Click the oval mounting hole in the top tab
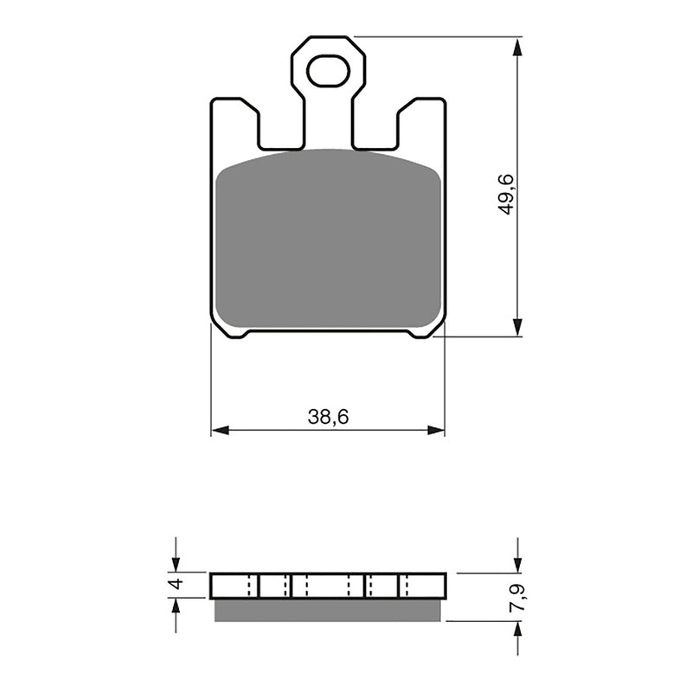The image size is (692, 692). (327, 71)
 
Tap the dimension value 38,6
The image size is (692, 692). (328, 417)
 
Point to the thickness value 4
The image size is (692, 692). (176, 585)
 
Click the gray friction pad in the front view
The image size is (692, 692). (328, 242)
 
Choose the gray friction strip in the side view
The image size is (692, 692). (328, 611)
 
